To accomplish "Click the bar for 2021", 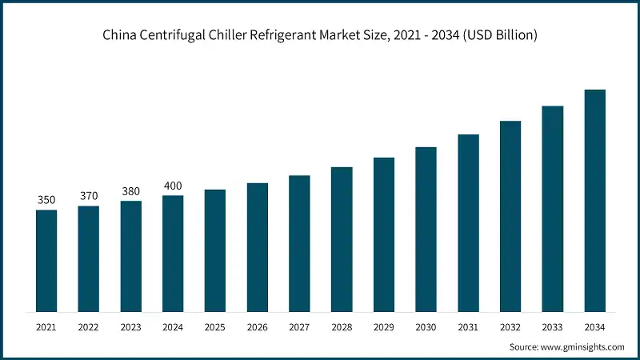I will pos(46,261).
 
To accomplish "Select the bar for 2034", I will pos(594,201).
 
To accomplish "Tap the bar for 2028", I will pos(342,239).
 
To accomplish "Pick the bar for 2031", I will pos(468,223).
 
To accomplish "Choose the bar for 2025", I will pos(215,250).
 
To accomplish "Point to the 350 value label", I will pos(46,200).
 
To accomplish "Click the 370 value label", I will pos(89,196).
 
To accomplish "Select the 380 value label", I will pos(131,191).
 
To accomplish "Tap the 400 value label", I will pos(173,186).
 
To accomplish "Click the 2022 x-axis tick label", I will pos(89,327).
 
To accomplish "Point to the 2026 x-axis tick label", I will pos(258,327).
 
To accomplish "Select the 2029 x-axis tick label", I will pos(384,327).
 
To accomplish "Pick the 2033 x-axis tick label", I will pos(553,327).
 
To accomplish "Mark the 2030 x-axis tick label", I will pos(426,327).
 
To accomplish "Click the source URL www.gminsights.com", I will pos(583,347).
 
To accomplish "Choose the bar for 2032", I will pos(510,216).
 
